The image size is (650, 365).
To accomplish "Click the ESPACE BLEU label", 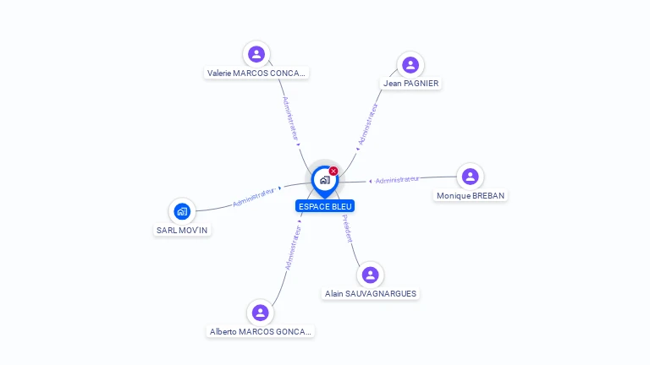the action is (325, 206).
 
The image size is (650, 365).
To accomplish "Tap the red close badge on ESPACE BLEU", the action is (333, 172).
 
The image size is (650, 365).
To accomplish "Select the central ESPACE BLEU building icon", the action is (324, 179).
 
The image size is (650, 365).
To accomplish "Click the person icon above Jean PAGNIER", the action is (410, 65).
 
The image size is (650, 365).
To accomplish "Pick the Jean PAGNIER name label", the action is (410, 84).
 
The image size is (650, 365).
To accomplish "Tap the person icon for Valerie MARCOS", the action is (256, 54).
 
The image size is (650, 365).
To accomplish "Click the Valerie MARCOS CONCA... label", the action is (256, 74).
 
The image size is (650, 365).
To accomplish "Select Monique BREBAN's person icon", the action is (470, 177).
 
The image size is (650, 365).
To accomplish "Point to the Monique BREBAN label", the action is (471, 196).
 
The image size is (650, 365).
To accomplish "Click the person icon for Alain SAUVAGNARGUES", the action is (370, 275).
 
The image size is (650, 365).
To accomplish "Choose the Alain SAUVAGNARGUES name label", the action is (371, 294).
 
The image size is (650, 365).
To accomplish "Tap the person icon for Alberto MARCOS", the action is (260, 313).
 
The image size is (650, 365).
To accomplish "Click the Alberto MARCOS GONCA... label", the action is (261, 332).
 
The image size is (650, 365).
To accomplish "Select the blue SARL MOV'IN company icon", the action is (182, 210).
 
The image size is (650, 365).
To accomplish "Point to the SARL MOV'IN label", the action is (182, 230).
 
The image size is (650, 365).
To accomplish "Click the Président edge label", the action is (347, 229).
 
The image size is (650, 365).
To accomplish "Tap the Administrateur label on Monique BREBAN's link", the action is (397, 180).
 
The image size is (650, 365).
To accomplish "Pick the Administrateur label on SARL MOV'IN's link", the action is (254, 197).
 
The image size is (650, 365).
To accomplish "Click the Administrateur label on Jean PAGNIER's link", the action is (369, 125).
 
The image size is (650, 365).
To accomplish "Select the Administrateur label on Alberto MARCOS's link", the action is (293, 247).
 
